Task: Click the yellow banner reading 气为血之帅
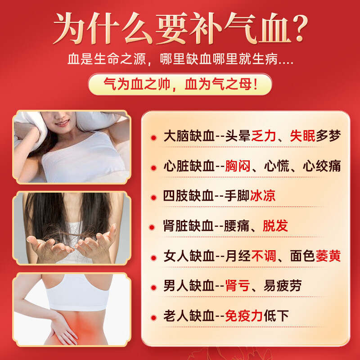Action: click(x=180, y=84)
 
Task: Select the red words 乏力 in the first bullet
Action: click(x=264, y=136)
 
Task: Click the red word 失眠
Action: click(x=302, y=136)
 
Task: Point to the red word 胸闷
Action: click(x=238, y=166)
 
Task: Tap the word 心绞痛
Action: click(x=322, y=166)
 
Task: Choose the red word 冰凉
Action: click(x=263, y=196)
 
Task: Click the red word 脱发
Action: click(x=275, y=226)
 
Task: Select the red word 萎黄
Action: click(x=328, y=256)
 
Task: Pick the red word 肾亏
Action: click(x=238, y=286)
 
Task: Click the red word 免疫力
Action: click(x=244, y=316)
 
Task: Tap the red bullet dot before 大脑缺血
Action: click(x=153, y=138)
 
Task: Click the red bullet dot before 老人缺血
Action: click(x=153, y=318)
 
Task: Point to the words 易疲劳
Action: click(x=283, y=286)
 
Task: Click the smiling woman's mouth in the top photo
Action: click(x=62, y=123)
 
